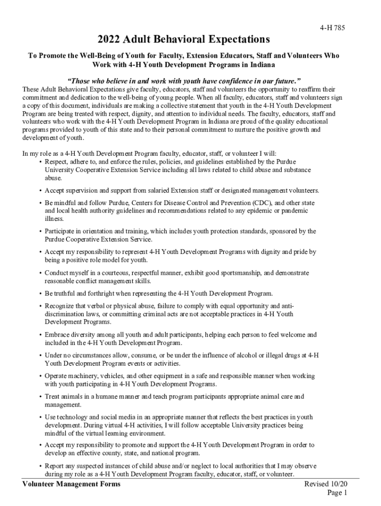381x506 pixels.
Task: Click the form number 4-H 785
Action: tap(332, 28)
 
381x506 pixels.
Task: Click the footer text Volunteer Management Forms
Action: tap(71, 484)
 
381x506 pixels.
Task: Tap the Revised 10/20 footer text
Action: tap(326, 484)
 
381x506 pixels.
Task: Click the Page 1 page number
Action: tap(337, 493)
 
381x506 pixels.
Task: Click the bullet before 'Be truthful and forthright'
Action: tap(40, 294)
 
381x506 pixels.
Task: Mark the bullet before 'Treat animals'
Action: tap(40, 396)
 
